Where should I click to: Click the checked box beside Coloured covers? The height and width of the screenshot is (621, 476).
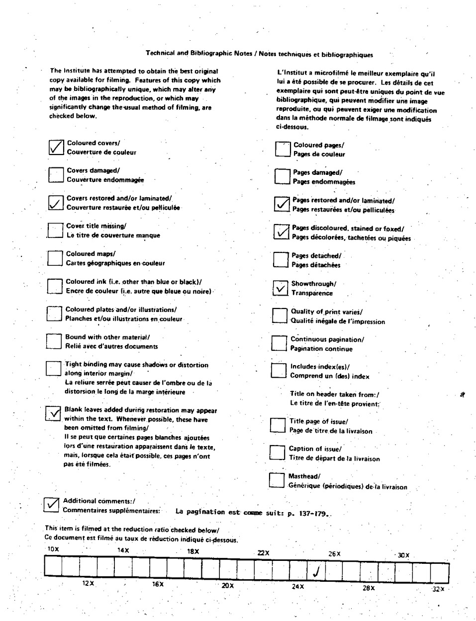[56, 147]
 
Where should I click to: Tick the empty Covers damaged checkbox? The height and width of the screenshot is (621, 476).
[56, 175]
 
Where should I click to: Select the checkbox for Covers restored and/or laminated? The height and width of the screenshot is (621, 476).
[55, 202]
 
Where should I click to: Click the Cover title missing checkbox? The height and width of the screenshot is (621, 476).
[55, 230]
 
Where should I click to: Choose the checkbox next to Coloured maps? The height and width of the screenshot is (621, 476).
[55, 258]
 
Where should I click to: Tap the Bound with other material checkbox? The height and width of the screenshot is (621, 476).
[54, 341]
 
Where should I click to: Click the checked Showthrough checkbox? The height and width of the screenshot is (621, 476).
[281, 288]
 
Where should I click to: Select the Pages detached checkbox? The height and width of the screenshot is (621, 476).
[281, 260]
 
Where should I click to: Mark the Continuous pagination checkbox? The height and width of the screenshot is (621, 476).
[279, 343]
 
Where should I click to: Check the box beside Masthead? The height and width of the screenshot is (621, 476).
[277, 480]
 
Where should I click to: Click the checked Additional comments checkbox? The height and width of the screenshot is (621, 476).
[51, 505]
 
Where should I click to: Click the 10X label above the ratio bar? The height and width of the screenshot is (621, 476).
[53, 549]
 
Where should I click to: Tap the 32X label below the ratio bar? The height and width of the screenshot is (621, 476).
[438, 589]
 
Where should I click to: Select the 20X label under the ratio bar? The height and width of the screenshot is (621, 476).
[228, 585]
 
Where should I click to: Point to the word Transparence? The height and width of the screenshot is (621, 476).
[312, 293]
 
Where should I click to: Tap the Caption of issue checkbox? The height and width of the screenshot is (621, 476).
[277, 453]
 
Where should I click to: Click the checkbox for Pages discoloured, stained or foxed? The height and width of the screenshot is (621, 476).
[281, 232]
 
